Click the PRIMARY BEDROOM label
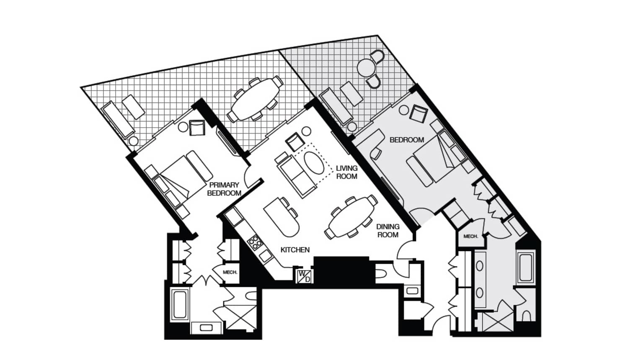(x=224, y=189)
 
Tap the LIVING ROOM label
(x=346, y=172)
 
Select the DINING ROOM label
(x=388, y=231)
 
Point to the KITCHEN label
(x=295, y=250)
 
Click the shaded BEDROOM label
(x=407, y=140)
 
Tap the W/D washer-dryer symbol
(x=305, y=276)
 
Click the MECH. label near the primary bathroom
(x=230, y=273)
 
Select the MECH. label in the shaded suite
(x=471, y=237)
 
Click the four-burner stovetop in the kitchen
(x=255, y=243)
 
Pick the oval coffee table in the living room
(x=314, y=163)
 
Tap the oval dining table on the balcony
(x=255, y=99)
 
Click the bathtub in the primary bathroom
(x=180, y=304)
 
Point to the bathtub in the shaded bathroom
(x=525, y=267)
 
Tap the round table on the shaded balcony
(x=365, y=67)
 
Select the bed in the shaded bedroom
(x=437, y=160)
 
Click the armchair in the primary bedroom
(x=197, y=128)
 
